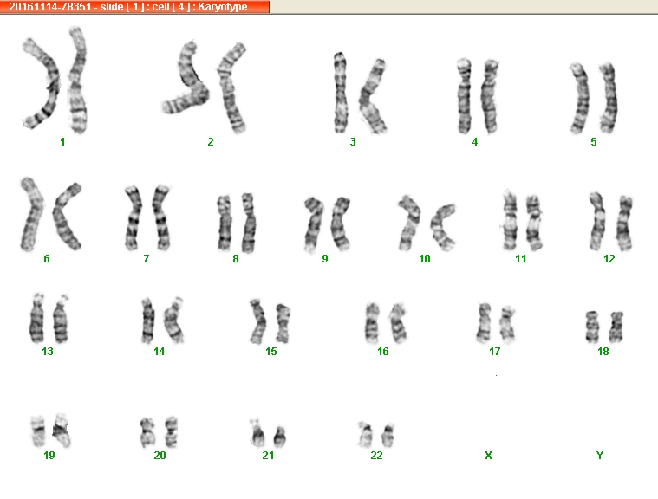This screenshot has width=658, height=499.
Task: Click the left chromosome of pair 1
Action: point(53,84)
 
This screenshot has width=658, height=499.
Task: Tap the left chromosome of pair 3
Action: point(341,92)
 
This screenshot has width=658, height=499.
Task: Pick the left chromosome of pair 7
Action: point(134,218)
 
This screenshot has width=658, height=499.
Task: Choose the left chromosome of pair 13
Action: point(37,319)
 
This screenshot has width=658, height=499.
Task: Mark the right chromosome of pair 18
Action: point(616,327)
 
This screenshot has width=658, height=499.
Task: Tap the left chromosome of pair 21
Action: point(257,434)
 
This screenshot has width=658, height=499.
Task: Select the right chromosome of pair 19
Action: point(62,431)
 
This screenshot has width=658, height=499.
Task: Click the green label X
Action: point(488,456)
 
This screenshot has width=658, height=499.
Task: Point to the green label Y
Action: point(600,456)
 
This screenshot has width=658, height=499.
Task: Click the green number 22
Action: point(376,456)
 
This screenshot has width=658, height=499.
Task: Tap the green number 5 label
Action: point(593,142)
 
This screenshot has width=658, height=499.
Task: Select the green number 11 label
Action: point(520,259)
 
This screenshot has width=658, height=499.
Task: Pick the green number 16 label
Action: point(382,352)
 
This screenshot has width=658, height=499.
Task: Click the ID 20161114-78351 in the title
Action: point(50,7)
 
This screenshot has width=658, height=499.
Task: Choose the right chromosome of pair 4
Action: point(490,96)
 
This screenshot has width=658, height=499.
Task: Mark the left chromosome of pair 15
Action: point(257,321)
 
